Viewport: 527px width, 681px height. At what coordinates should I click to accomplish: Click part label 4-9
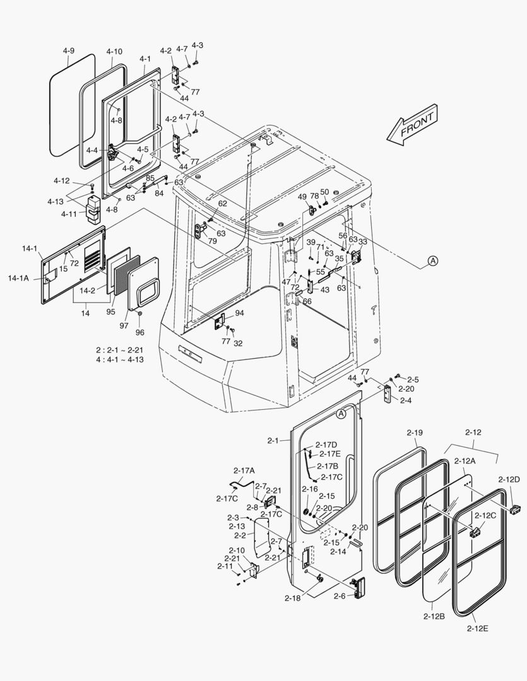click(69, 50)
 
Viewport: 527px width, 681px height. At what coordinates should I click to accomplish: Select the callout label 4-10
click(114, 51)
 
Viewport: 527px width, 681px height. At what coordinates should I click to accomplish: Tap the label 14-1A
click(18, 277)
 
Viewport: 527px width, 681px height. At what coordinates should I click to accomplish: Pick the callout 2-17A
click(244, 470)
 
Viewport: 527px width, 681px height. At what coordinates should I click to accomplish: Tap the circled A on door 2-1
click(341, 414)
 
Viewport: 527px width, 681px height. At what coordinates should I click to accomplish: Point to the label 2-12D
click(509, 479)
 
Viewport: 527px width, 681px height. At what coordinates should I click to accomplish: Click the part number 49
click(302, 196)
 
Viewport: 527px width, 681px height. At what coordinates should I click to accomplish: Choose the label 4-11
click(69, 214)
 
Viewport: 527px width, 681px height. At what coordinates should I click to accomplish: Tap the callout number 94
click(240, 313)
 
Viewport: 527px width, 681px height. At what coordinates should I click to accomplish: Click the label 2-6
click(339, 596)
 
